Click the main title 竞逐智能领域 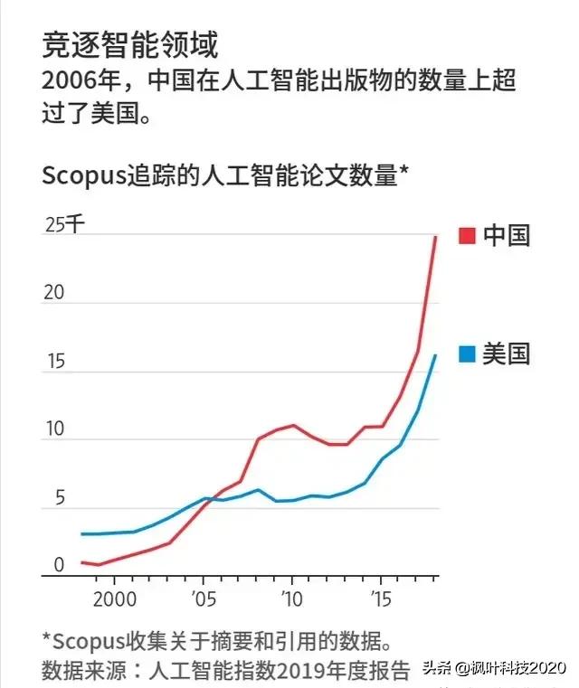pyautogui.click(x=130, y=45)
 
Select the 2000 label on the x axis pyautogui.click(x=116, y=598)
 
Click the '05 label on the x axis pyautogui.click(x=204, y=598)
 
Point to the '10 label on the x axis pyautogui.click(x=292, y=598)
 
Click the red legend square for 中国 pyautogui.click(x=467, y=236)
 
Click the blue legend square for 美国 pyautogui.click(x=467, y=354)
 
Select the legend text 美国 pyautogui.click(x=506, y=354)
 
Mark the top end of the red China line pyautogui.click(x=435, y=236)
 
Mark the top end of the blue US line pyautogui.click(x=435, y=355)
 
